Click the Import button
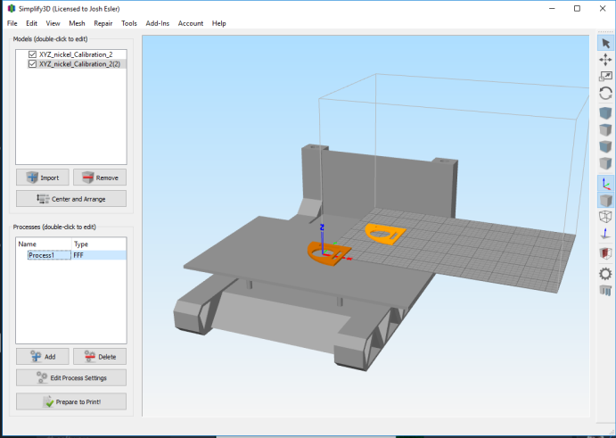click(43, 178)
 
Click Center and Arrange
click(71, 199)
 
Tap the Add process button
click(43, 356)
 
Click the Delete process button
click(100, 356)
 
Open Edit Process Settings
click(71, 377)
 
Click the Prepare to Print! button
click(71, 401)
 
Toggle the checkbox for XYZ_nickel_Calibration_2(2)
click(33, 63)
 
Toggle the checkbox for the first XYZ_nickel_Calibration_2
click(33, 54)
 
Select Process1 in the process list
click(41, 255)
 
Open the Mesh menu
click(77, 23)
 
